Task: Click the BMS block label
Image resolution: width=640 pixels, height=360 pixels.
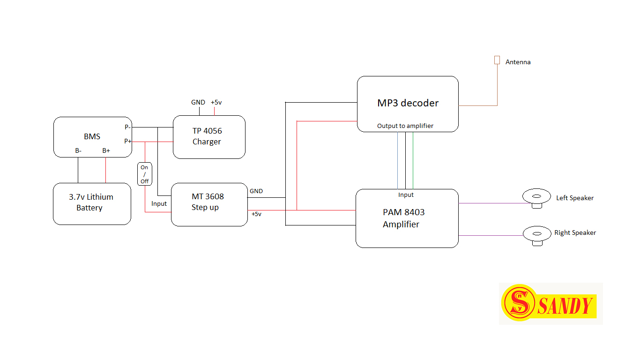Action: pos(92,136)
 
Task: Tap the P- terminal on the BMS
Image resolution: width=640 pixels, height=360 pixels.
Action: pos(127,127)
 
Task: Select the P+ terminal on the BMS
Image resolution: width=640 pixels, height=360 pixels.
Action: pos(127,141)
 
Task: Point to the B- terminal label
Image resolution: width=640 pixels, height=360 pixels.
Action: pos(78,150)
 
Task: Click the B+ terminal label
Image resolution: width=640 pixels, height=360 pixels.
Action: pos(106,150)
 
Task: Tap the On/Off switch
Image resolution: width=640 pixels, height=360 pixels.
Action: pos(144,174)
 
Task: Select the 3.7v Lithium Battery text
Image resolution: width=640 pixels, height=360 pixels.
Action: pos(91,202)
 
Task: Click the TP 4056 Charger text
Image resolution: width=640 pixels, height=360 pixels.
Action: pos(207,136)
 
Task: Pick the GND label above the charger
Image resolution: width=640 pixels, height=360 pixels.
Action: pos(198,102)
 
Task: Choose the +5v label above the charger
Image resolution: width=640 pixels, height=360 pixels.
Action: pos(216,102)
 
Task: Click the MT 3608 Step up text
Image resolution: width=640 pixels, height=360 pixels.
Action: pos(208,202)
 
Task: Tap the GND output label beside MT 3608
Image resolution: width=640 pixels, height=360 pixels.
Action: pos(256,191)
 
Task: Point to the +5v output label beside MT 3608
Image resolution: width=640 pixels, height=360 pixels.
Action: pos(256,214)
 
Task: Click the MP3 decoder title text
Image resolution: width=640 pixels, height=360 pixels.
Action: pos(408,103)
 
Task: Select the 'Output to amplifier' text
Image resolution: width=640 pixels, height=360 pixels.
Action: pos(405,126)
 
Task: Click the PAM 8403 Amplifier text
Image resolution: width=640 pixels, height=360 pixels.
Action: pos(403,218)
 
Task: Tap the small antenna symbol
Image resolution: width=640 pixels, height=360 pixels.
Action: pos(497,60)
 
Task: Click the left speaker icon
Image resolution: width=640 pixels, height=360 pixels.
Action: pos(537,197)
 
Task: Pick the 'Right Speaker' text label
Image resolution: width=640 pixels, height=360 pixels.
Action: pos(575,232)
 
